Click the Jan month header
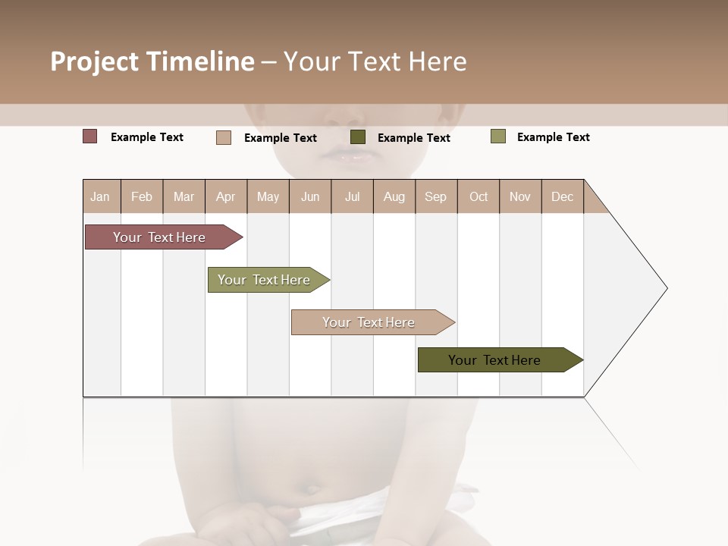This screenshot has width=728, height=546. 100,196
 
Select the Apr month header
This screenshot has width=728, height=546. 225,196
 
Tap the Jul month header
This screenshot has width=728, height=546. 352,196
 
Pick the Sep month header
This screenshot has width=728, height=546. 435,196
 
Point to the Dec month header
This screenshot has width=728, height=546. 562,196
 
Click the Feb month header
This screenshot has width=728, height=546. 142,196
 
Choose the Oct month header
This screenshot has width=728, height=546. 479,196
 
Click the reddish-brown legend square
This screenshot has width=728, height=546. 90,136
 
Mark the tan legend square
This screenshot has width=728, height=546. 224,137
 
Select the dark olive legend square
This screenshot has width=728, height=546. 358,137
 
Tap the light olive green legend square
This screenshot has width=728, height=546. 497,136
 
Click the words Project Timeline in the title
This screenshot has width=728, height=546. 152,61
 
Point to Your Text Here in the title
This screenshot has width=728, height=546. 375,61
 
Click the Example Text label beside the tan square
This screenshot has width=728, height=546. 281,138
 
